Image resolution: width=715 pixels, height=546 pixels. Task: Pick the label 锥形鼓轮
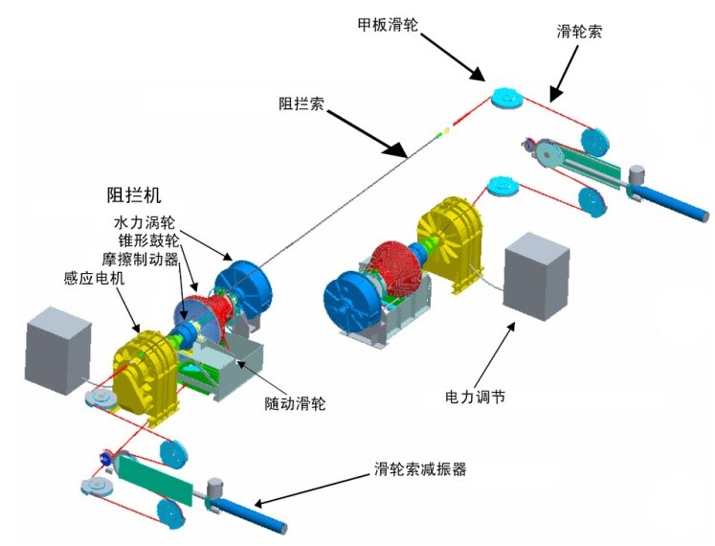tap(144, 240)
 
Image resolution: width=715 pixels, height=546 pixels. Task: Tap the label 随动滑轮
tap(296, 403)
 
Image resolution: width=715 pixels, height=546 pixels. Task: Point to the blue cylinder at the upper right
tap(676, 200)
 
